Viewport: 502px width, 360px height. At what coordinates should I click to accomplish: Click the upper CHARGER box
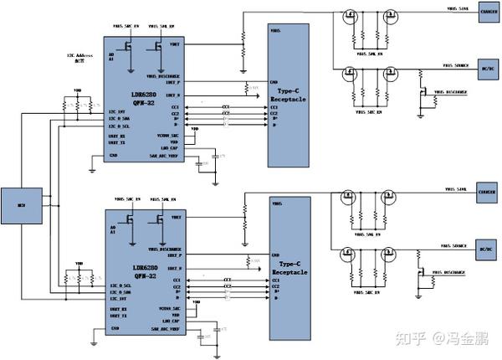pos(487,11)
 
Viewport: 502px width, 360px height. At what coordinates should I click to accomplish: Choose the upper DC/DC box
pos(487,68)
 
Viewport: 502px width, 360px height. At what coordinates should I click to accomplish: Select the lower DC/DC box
pos(487,248)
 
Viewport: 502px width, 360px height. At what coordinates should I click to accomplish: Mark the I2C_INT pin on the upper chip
pos(117,109)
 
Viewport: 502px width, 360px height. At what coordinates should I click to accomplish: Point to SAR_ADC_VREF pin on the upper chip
pos(164,157)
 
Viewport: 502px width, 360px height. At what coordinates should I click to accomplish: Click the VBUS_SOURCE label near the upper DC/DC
pos(455,64)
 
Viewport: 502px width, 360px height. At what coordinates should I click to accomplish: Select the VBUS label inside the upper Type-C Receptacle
pos(276,31)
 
